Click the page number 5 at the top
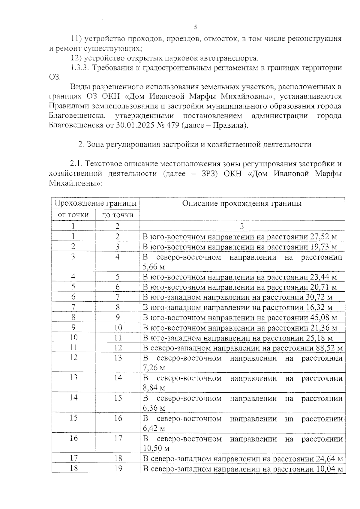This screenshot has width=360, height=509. [196, 27]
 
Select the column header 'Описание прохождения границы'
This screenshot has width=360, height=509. [242, 204]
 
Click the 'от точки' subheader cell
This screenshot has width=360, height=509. [73, 215]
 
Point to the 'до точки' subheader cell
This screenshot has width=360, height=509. [117, 215]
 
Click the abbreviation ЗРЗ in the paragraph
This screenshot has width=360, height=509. [209, 174]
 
